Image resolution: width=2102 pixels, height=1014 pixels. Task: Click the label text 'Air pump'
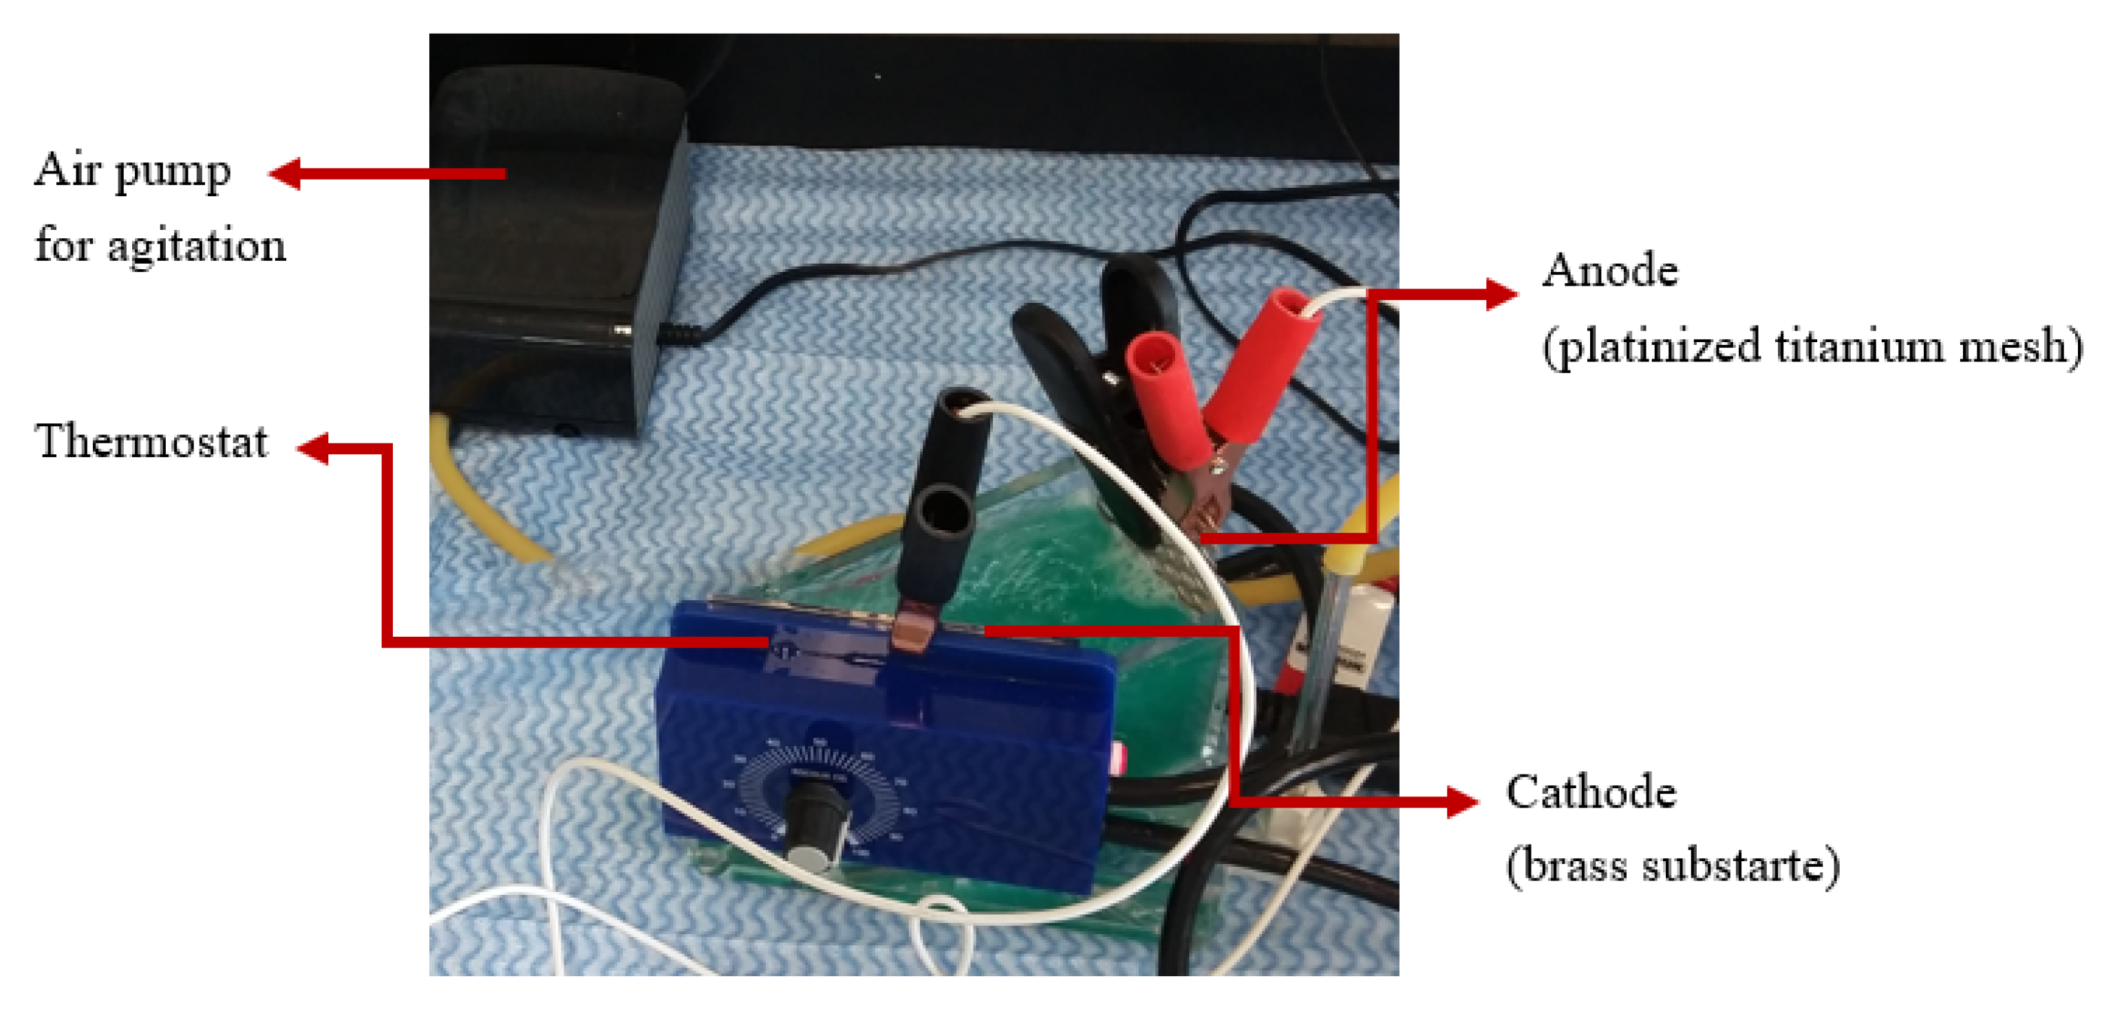pos(132,171)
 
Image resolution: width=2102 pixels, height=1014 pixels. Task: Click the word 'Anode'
pos(1609,271)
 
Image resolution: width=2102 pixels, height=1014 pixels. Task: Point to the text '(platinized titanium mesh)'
pos(1812,346)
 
